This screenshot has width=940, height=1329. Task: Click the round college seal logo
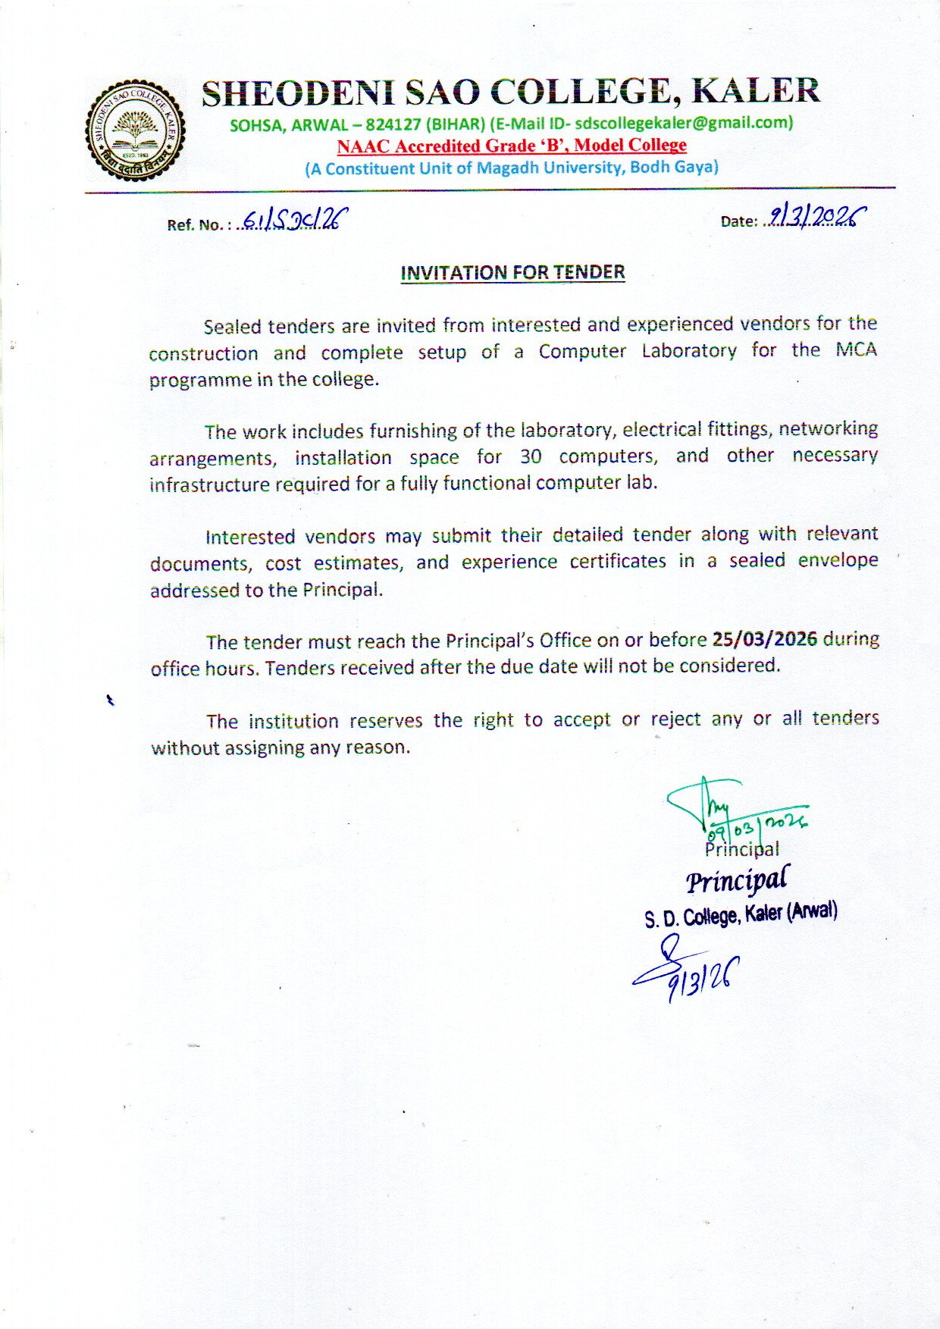point(135,130)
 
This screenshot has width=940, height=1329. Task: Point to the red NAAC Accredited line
point(512,145)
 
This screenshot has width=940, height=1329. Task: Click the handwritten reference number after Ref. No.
point(292,221)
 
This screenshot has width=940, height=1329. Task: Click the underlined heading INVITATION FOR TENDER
point(512,272)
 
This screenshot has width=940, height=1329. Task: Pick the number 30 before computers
point(530,456)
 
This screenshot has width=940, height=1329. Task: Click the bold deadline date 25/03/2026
point(764,639)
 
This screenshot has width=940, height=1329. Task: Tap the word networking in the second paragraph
point(828,428)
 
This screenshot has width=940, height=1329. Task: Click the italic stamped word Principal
point(737,880)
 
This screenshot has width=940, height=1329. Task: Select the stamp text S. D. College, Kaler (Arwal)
point(741,914)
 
